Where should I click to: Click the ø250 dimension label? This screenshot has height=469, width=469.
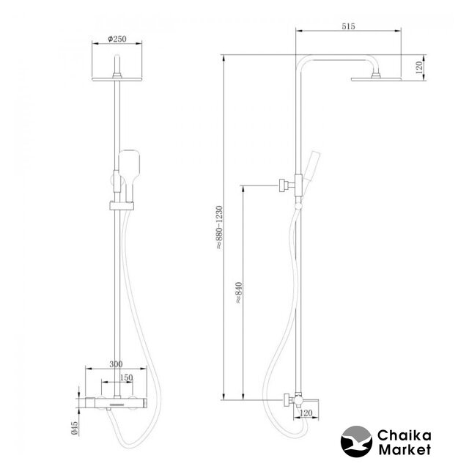(x=117, y=39)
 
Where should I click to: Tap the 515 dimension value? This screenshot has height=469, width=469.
(x=349, y=26)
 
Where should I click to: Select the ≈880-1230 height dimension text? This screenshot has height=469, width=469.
(x=220, y=227)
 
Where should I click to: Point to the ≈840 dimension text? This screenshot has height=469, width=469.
(x=239, y=293)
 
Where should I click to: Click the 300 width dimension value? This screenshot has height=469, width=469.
(x=116, y=364)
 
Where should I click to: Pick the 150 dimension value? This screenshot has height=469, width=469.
(x=126, y=377)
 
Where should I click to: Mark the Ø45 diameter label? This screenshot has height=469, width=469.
(x=74, y=428)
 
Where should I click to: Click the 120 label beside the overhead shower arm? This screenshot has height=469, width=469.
(x=419, y=67)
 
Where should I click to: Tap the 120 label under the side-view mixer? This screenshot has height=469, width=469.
(x=306, y=413)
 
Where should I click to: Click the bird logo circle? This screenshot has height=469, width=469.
(x=357, y=441)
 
